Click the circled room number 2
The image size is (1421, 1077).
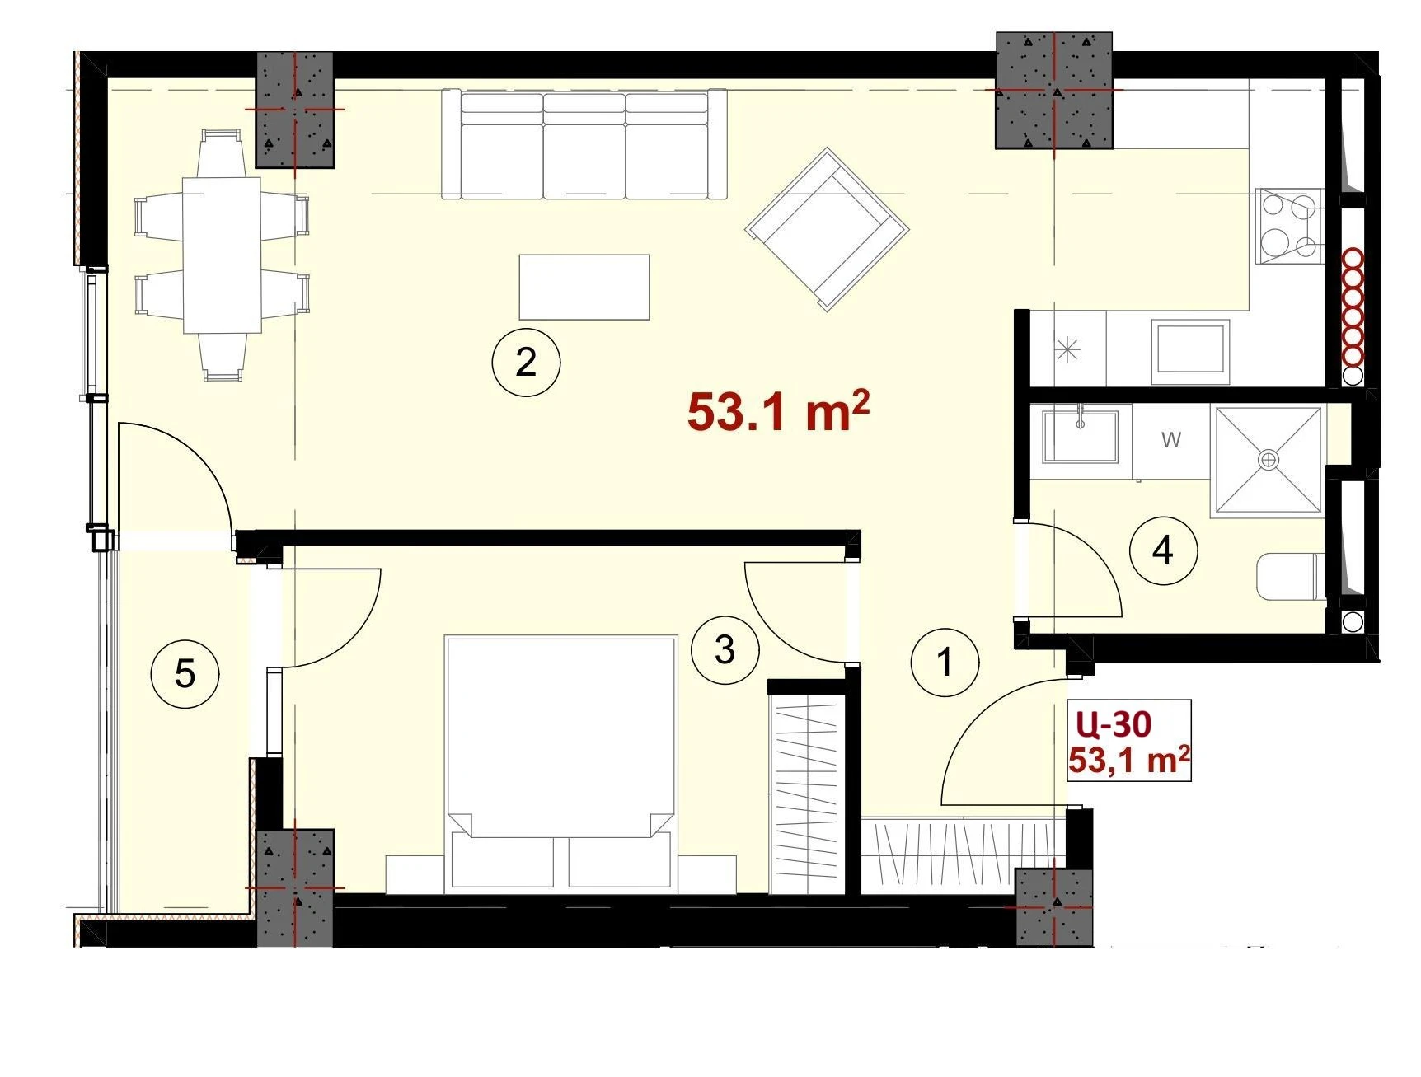(526, 362)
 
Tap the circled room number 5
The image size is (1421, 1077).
(185, 674)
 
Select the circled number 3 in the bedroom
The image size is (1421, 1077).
(725, 649)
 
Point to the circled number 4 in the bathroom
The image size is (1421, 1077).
(1163, 550)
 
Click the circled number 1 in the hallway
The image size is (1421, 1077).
(945, 662)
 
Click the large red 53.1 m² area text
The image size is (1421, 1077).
(778, 411)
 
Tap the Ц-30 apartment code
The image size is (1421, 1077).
(1113, 723)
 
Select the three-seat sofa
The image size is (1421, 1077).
(584, 144)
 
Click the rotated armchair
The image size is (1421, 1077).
(827, 228)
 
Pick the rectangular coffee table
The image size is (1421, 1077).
(584, 287)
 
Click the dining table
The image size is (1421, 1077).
(222, 255)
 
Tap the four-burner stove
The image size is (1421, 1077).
(1288, 226)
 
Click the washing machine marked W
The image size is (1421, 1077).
(1171, 440)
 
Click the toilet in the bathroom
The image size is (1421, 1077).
(1291, 576)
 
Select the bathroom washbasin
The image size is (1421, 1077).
(1081, 435)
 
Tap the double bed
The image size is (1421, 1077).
(560, 764)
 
